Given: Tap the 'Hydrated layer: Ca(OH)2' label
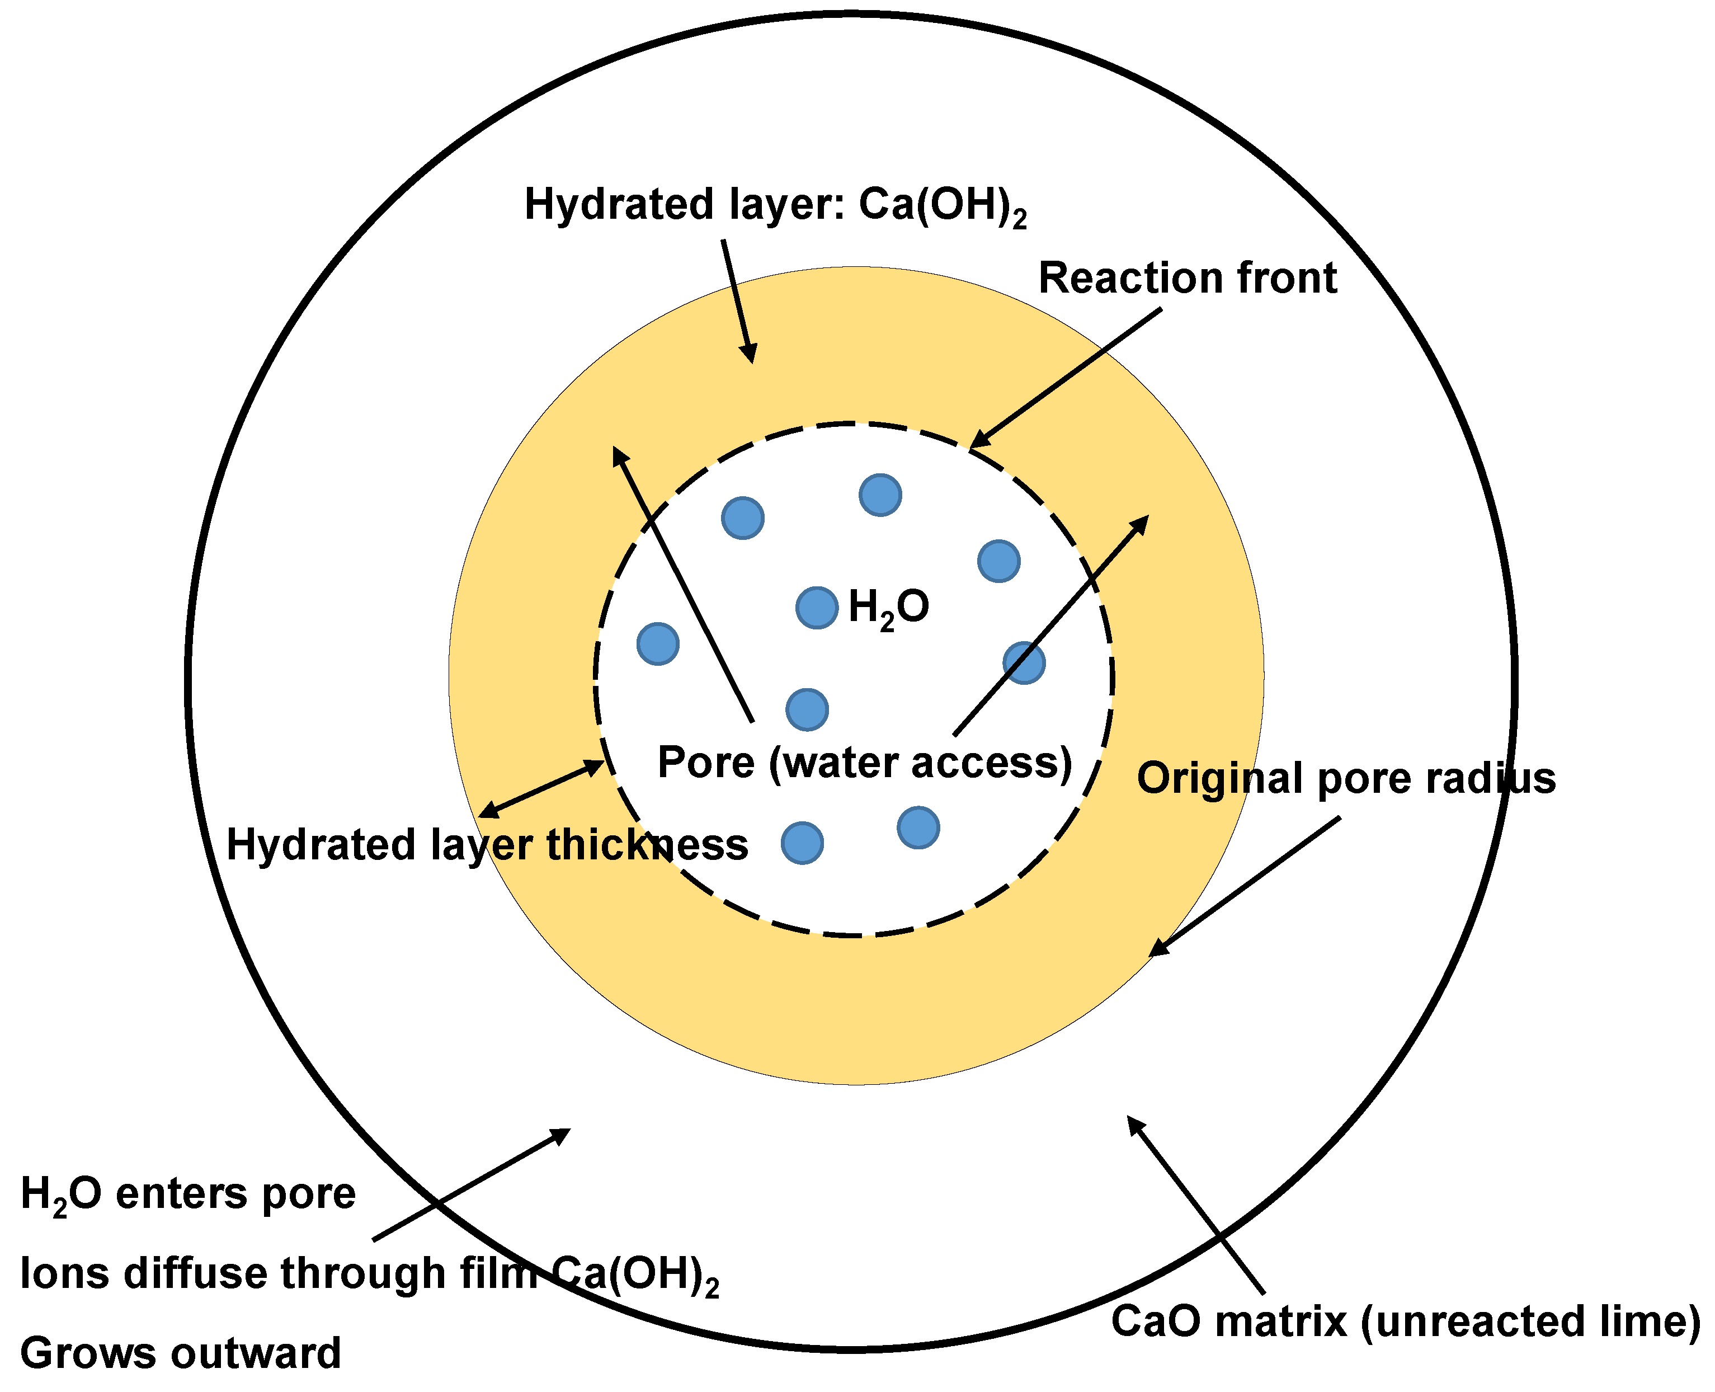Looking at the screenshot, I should click(775, 205).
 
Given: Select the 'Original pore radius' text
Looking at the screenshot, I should click(1345, 779).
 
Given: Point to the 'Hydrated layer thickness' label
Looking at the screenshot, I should click(487, 845).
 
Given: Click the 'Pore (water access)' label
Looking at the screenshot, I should click(864, 763).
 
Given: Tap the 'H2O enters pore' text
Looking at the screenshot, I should click(187, 1194).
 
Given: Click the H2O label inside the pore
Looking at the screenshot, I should click(888, 607).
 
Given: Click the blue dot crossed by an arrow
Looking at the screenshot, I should click(1024, 662).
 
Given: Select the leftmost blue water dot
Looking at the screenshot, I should click(657, 643).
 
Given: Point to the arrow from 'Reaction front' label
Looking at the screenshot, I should click(1066, 378).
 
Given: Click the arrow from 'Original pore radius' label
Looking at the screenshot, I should click(1245, 886).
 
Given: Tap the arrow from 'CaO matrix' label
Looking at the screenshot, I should click(1195, 1203).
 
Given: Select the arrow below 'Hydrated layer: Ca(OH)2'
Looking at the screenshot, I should click(738, 300).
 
